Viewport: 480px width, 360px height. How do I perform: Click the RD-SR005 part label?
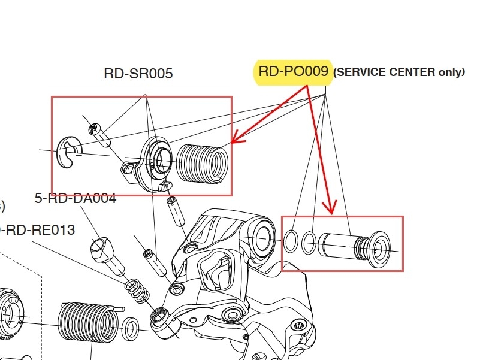[x=138, y=74]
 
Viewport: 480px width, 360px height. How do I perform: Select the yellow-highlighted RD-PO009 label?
[x=293, y=72]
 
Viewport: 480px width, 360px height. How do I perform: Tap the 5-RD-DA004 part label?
[x=76, y=198]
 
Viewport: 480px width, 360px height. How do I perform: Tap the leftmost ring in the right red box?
[x=291, y=241]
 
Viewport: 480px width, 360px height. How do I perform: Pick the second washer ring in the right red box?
[x=309, y=243]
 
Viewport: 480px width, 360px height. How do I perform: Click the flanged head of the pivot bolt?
[x=380, y=246]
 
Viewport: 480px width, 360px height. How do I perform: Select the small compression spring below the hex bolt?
[x=137, y=291]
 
